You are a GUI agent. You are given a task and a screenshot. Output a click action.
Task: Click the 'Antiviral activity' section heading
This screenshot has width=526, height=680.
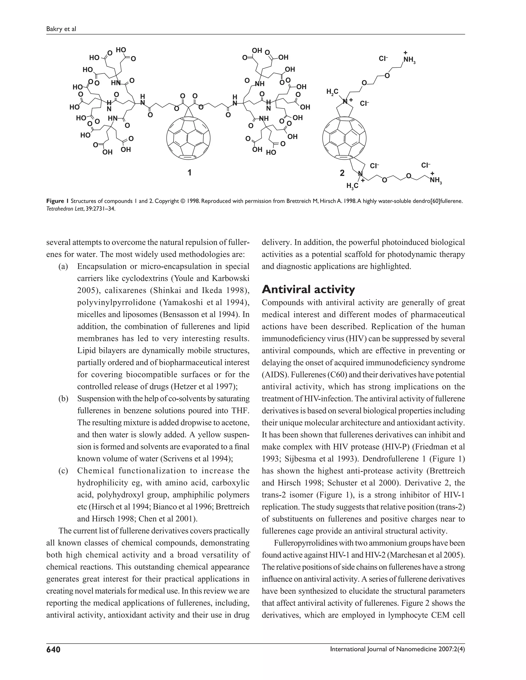pyautogui.click(x=308, y=289)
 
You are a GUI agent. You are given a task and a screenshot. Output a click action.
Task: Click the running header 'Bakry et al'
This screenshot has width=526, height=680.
pyautogui.click(x=61, y=29)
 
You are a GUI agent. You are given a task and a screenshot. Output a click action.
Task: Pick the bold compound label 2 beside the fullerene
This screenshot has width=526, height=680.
pyautogui.click(x=342, y=173)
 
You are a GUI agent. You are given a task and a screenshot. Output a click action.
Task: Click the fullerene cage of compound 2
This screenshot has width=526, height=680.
pyautogui.click(x=344, y=138)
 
